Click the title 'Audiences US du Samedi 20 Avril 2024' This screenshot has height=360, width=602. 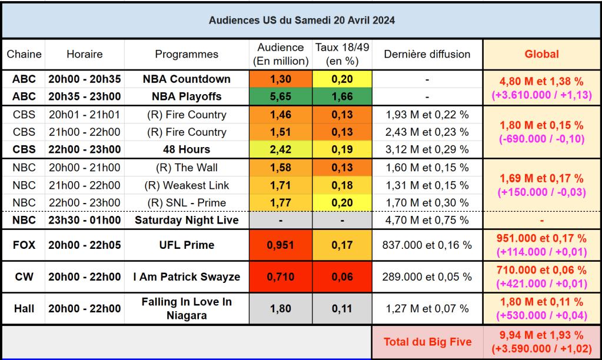pos(301,20)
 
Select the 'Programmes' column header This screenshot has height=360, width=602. pos(187,54)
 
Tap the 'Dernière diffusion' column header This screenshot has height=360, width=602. pos(427,54)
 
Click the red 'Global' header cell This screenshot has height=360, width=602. pos(541,54)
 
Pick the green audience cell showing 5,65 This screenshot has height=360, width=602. pos(281,96)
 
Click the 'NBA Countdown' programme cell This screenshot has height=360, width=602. pos(187,79)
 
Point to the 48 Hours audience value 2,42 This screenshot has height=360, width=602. pos(281,149)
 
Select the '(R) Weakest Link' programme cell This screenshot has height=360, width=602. pos(187,185)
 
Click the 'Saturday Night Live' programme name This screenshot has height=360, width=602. pos(187,220)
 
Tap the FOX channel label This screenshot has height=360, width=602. pos(24,245)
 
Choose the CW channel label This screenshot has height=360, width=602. pos(24,276)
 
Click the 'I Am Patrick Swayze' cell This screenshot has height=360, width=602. pos(187,276)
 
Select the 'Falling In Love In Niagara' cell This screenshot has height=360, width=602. pos(187,308)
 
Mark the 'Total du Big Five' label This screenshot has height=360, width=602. pos(427,342)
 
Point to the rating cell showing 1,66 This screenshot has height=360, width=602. pos(342,96)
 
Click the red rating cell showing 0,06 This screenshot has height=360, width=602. pos(342,276)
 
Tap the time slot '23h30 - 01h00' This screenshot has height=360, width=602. pos(85,220)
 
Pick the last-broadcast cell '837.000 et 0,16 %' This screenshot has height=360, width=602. pos(427,245)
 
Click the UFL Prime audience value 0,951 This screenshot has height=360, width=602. pos(281,245)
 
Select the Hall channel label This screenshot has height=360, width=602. pos(24,308)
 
